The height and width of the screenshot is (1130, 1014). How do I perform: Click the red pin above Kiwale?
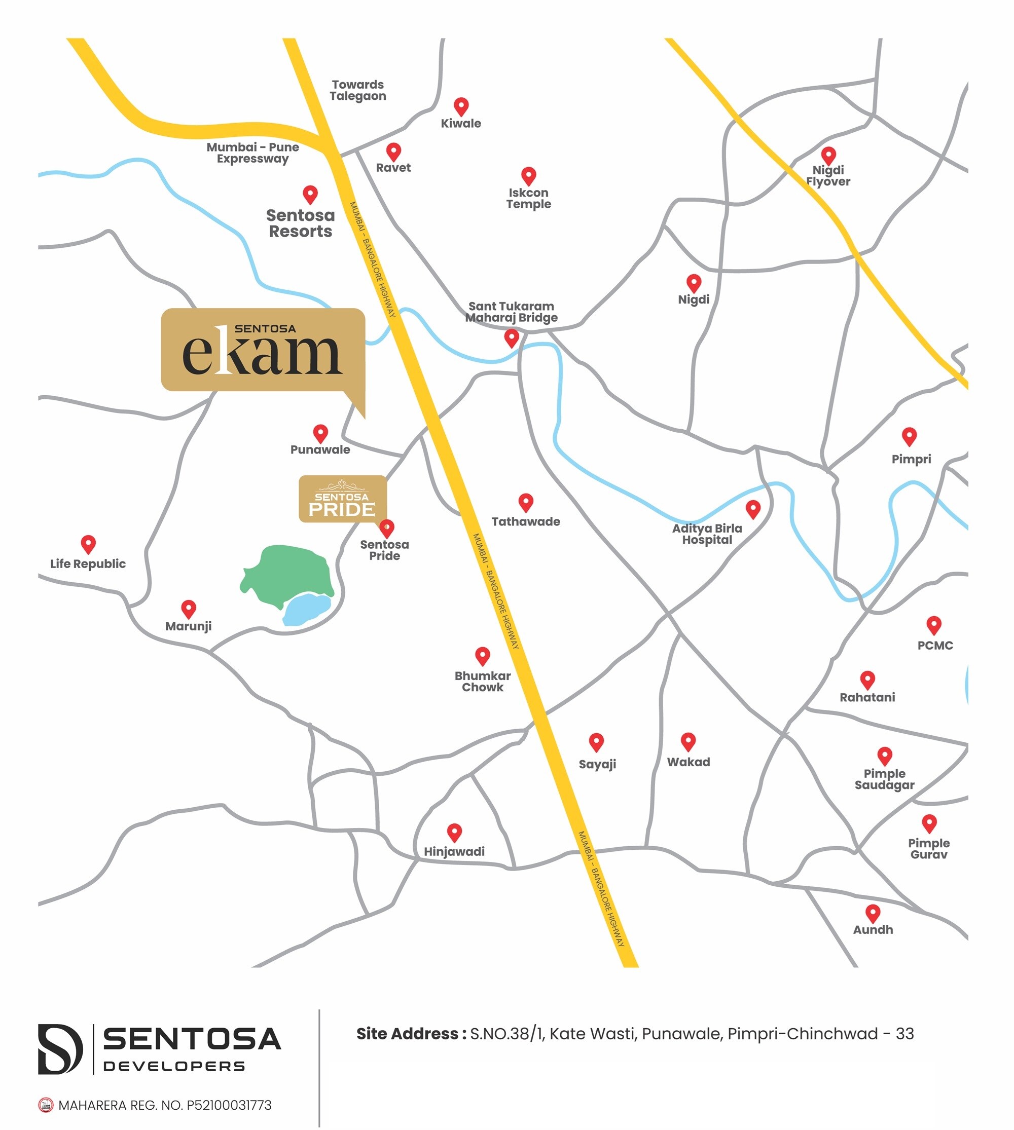click(x=461, y=106)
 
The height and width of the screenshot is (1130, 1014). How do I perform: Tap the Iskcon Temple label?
click(x=528, y=198)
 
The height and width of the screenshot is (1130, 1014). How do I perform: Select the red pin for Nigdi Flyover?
click(x=828, y=155)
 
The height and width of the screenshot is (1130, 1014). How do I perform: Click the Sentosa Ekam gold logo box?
click(x=263, y=350)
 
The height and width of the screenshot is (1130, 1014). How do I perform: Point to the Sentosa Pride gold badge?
click(x=342, y=499)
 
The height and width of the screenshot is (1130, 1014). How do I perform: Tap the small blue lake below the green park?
click(x=306, y=608)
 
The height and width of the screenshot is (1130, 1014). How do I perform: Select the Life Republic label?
click(x=88, y=563)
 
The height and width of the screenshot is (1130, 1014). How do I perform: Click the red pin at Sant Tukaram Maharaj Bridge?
click(x=512, y=337)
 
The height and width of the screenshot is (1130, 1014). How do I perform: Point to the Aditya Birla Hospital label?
click(x=706, y=534)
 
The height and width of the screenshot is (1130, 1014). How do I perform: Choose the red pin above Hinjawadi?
click(x=454, y=832)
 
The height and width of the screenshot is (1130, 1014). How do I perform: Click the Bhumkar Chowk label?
click(x=483, y=681)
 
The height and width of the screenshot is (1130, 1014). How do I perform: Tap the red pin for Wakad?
click(x=688, y=741)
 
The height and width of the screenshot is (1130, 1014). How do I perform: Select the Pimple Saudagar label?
click(x=884, y=779)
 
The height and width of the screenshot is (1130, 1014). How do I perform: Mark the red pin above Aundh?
click(x=873, y=912)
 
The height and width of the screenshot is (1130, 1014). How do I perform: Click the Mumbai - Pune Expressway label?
click(x=252, y=153)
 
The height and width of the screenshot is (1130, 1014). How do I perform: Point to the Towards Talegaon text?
click(x=357, y=90)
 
